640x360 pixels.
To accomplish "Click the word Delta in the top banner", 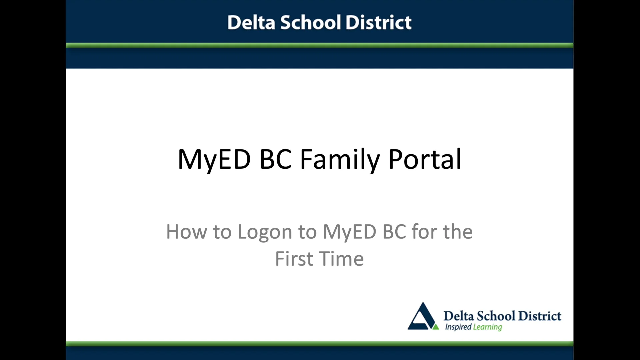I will pyautogui.click(x=251, y=23).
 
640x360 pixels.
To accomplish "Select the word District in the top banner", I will pyautogui.click(x=378, y=23).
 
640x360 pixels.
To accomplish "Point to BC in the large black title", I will pyautogui.click(x=275, y=159).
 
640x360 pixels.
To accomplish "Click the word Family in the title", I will pyautogui.click(x=340, y=159).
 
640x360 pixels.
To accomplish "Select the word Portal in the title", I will pyautogui.click(x=425, y=159).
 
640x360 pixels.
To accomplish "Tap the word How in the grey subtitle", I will pyautogui.click(x=186, y=232).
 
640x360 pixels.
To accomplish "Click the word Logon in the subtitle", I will pyautogui.click(x=265, y=232).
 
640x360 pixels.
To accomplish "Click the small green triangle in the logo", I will pyautogui.click(x=435, y=327).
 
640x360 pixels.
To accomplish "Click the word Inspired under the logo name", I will pyautogui.click(x=458, y=327).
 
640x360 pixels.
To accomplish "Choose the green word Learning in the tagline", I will pyautogui.click(x=488, y=327).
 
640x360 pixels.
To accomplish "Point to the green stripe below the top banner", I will pyautogui.click(x=319, y=45).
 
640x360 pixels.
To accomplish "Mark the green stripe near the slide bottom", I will pyautogui.click(x=319, y=343).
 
